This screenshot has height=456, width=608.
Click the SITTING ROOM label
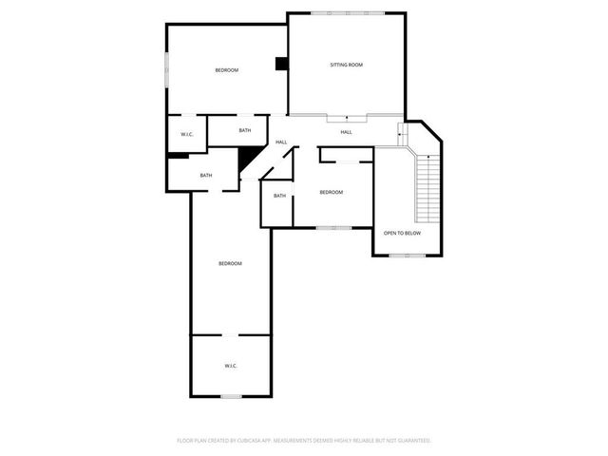[346, 65]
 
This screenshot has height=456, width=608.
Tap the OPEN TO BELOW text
[401, 233]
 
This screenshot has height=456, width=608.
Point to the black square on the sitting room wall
[281, 64]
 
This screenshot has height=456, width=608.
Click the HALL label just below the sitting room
[346, 132]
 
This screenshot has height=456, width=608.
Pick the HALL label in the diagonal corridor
[281, 142]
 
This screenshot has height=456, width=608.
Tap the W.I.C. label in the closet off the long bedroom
[230, 366]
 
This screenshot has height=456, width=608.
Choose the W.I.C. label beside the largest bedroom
[187, 134]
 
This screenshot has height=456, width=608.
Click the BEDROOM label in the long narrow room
[230, 263]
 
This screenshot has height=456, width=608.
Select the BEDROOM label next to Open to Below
[331, 193]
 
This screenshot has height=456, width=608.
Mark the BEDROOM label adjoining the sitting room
[226, 70]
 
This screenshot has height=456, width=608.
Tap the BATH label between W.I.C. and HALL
[245, 130]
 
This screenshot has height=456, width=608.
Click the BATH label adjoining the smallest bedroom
[279, 196]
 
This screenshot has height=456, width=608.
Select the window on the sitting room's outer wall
[348, 12]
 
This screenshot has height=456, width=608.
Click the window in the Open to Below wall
[407, 255]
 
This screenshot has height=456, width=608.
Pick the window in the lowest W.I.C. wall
[231, 395]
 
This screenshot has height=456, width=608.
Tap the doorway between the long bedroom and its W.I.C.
[231, 334]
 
